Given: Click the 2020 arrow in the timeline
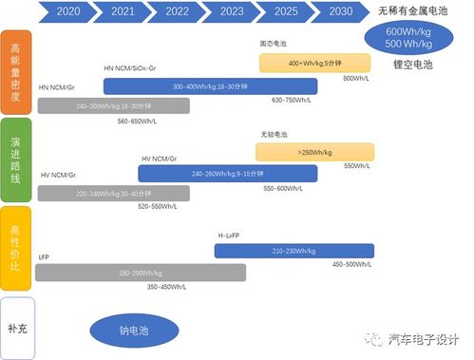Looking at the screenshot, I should click(x=68, y=12).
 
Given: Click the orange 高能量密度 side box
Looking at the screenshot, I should click(x=17, y=69).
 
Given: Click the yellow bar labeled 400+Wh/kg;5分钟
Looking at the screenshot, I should click(x=315, y=63).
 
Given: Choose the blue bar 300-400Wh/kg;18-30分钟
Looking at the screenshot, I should click(x=210, y=86).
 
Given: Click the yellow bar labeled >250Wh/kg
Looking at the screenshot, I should click(x=314, y=152).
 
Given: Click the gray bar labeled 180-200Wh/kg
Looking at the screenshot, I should click(x=140, y=273).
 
